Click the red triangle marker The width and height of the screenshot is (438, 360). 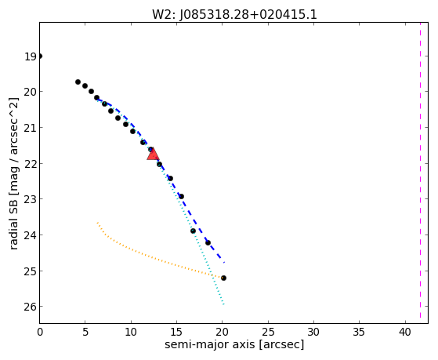click(153, 155)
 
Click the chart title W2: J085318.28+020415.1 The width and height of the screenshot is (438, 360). click(234, 15)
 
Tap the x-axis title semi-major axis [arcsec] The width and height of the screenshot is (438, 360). click(234, 344)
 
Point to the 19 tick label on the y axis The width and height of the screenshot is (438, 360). click(31, 56)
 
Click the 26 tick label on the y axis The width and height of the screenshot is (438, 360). click(31, 307)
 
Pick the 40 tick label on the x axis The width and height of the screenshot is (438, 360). click(405, 333)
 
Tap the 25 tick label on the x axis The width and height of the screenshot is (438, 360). click(268, 333)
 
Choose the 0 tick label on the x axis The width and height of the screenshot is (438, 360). click(40, 333)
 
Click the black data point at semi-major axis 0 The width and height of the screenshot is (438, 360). click(40, 56)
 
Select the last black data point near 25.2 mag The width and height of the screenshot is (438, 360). click(223, 278)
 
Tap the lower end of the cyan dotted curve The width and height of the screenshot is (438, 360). click(224, 304)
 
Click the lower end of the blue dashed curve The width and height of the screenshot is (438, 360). click(224, 263)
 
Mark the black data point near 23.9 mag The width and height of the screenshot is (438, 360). click(193, 231)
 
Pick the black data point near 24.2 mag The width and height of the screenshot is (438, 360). click(208, 242)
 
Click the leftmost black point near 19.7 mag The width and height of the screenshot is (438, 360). click(78, 82)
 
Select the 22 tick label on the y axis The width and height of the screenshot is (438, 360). click(31, 164)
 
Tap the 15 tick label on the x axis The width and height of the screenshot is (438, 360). click(176, 333)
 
